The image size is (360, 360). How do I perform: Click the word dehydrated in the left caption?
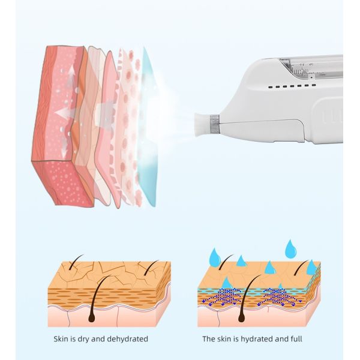click(x=126, y=339)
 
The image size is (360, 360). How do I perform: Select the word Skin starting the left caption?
click(x=62, y=339)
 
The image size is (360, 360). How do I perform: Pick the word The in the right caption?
click(x=209, y=339)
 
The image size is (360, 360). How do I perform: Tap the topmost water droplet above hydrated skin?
click(x=291, y=247)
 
